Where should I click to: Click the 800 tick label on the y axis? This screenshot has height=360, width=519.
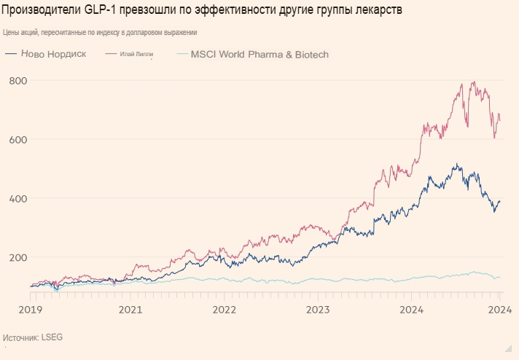(x=18, y=81)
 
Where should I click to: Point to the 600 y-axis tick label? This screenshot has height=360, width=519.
(x=18, y=140)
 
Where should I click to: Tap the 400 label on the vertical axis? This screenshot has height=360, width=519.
(x=18, y=199)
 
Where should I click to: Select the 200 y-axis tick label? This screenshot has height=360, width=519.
(x=18, y=258)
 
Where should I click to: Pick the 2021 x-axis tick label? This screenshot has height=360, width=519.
(x=130, y=310)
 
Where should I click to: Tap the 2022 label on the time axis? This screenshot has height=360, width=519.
(x=225, y=310)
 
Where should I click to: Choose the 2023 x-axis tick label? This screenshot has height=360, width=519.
(x=319, y=310)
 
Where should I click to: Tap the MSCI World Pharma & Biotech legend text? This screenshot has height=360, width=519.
(x=259, y=55)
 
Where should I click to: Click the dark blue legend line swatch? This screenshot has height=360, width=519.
(x=11, y=55)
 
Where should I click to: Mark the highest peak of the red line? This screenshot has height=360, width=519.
(x=475, y=82)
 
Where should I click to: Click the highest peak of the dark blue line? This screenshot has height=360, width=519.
(x=456, y=164)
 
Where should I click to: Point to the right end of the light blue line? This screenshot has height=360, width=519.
(x=500, y=277)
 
